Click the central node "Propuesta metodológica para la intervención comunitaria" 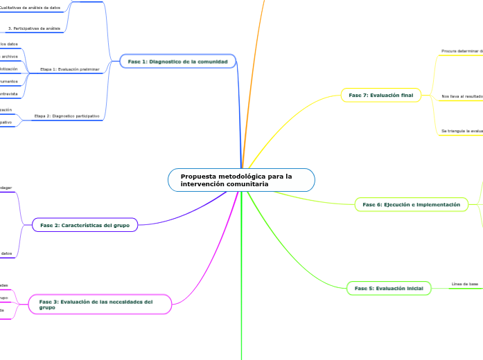(241, 180)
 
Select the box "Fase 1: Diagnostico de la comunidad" (177, 62)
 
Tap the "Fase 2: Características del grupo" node (85, 225)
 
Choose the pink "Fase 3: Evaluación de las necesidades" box (99, 304)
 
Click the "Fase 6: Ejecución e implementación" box (411, 204)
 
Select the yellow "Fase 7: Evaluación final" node (381, 95)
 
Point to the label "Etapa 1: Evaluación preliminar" (69, 69)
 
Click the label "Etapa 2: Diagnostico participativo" (67, 116)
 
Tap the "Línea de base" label (464, 284)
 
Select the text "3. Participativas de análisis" (34, 28)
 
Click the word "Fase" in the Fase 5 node (362, 288)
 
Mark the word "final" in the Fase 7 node (406, 95)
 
